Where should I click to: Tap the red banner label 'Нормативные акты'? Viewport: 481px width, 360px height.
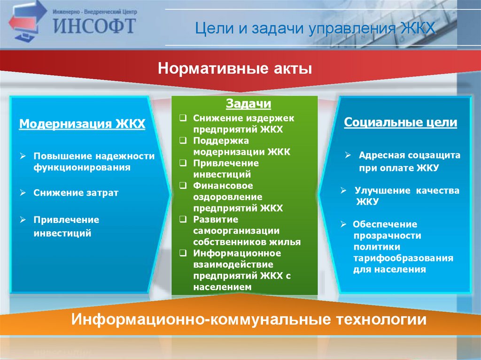point(235,69)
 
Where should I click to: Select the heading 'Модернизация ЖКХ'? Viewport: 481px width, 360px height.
point(82,124)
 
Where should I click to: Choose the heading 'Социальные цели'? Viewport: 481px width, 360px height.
point(400,123)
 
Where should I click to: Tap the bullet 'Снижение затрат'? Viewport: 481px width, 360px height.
point(75,192)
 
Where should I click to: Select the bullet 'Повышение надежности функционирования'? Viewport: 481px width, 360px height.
point(93,161)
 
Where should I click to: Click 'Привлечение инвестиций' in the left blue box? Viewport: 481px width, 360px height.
point(66,226)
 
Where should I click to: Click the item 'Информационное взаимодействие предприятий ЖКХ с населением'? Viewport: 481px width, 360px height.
point(241,270)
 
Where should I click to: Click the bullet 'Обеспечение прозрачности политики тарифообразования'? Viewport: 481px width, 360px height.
point(403,246)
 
